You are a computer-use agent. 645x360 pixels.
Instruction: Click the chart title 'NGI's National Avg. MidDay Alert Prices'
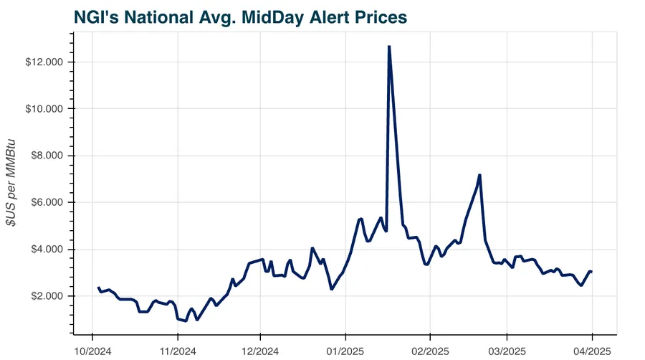(x=240, y=16)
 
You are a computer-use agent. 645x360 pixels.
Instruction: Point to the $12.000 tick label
(x=45, y=62)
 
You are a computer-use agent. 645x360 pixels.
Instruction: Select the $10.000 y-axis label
(x=45, y=109)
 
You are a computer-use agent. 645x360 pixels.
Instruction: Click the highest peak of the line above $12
(x=388, y=47)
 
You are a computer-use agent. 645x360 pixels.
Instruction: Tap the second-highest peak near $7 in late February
(x=479, y=175)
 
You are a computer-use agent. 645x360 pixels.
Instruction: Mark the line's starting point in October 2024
(x=98, y=288)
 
